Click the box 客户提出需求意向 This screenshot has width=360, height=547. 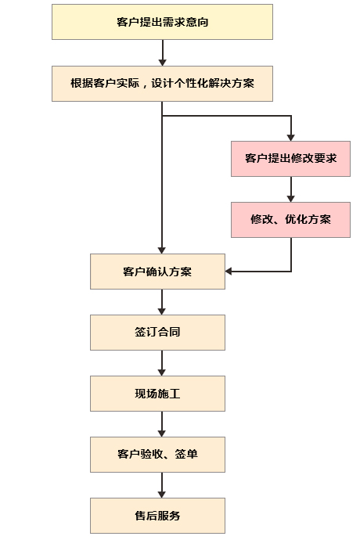coord(162,22)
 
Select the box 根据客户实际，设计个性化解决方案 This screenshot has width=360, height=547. coord(162,84)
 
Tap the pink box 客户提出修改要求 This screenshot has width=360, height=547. coord(290,159)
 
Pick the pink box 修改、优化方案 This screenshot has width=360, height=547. coord(290,220)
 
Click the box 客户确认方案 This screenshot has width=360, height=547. coord(157,272)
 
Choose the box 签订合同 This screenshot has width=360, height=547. coord(157,333)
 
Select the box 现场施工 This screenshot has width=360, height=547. coord(157,394)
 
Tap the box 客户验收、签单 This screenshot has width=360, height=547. coord(157,455)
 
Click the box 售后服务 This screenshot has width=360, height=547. coord(157,516)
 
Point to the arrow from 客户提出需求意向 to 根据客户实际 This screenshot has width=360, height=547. coord(162,52)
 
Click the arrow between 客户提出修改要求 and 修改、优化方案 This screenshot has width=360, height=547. coord(291,189)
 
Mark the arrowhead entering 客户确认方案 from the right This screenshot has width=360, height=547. coord(229,271)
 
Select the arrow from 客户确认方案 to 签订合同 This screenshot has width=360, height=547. coord(162,302)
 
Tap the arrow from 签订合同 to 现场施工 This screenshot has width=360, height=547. coord(162,363)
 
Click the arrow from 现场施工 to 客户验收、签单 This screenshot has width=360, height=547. coord(162,424)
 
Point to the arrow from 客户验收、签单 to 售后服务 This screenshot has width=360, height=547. coord(162,485)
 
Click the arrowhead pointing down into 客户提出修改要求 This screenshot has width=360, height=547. coord(291,138)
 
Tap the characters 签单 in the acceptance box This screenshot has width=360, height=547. coord(186,454)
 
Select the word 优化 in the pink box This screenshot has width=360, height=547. coord(297,219)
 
